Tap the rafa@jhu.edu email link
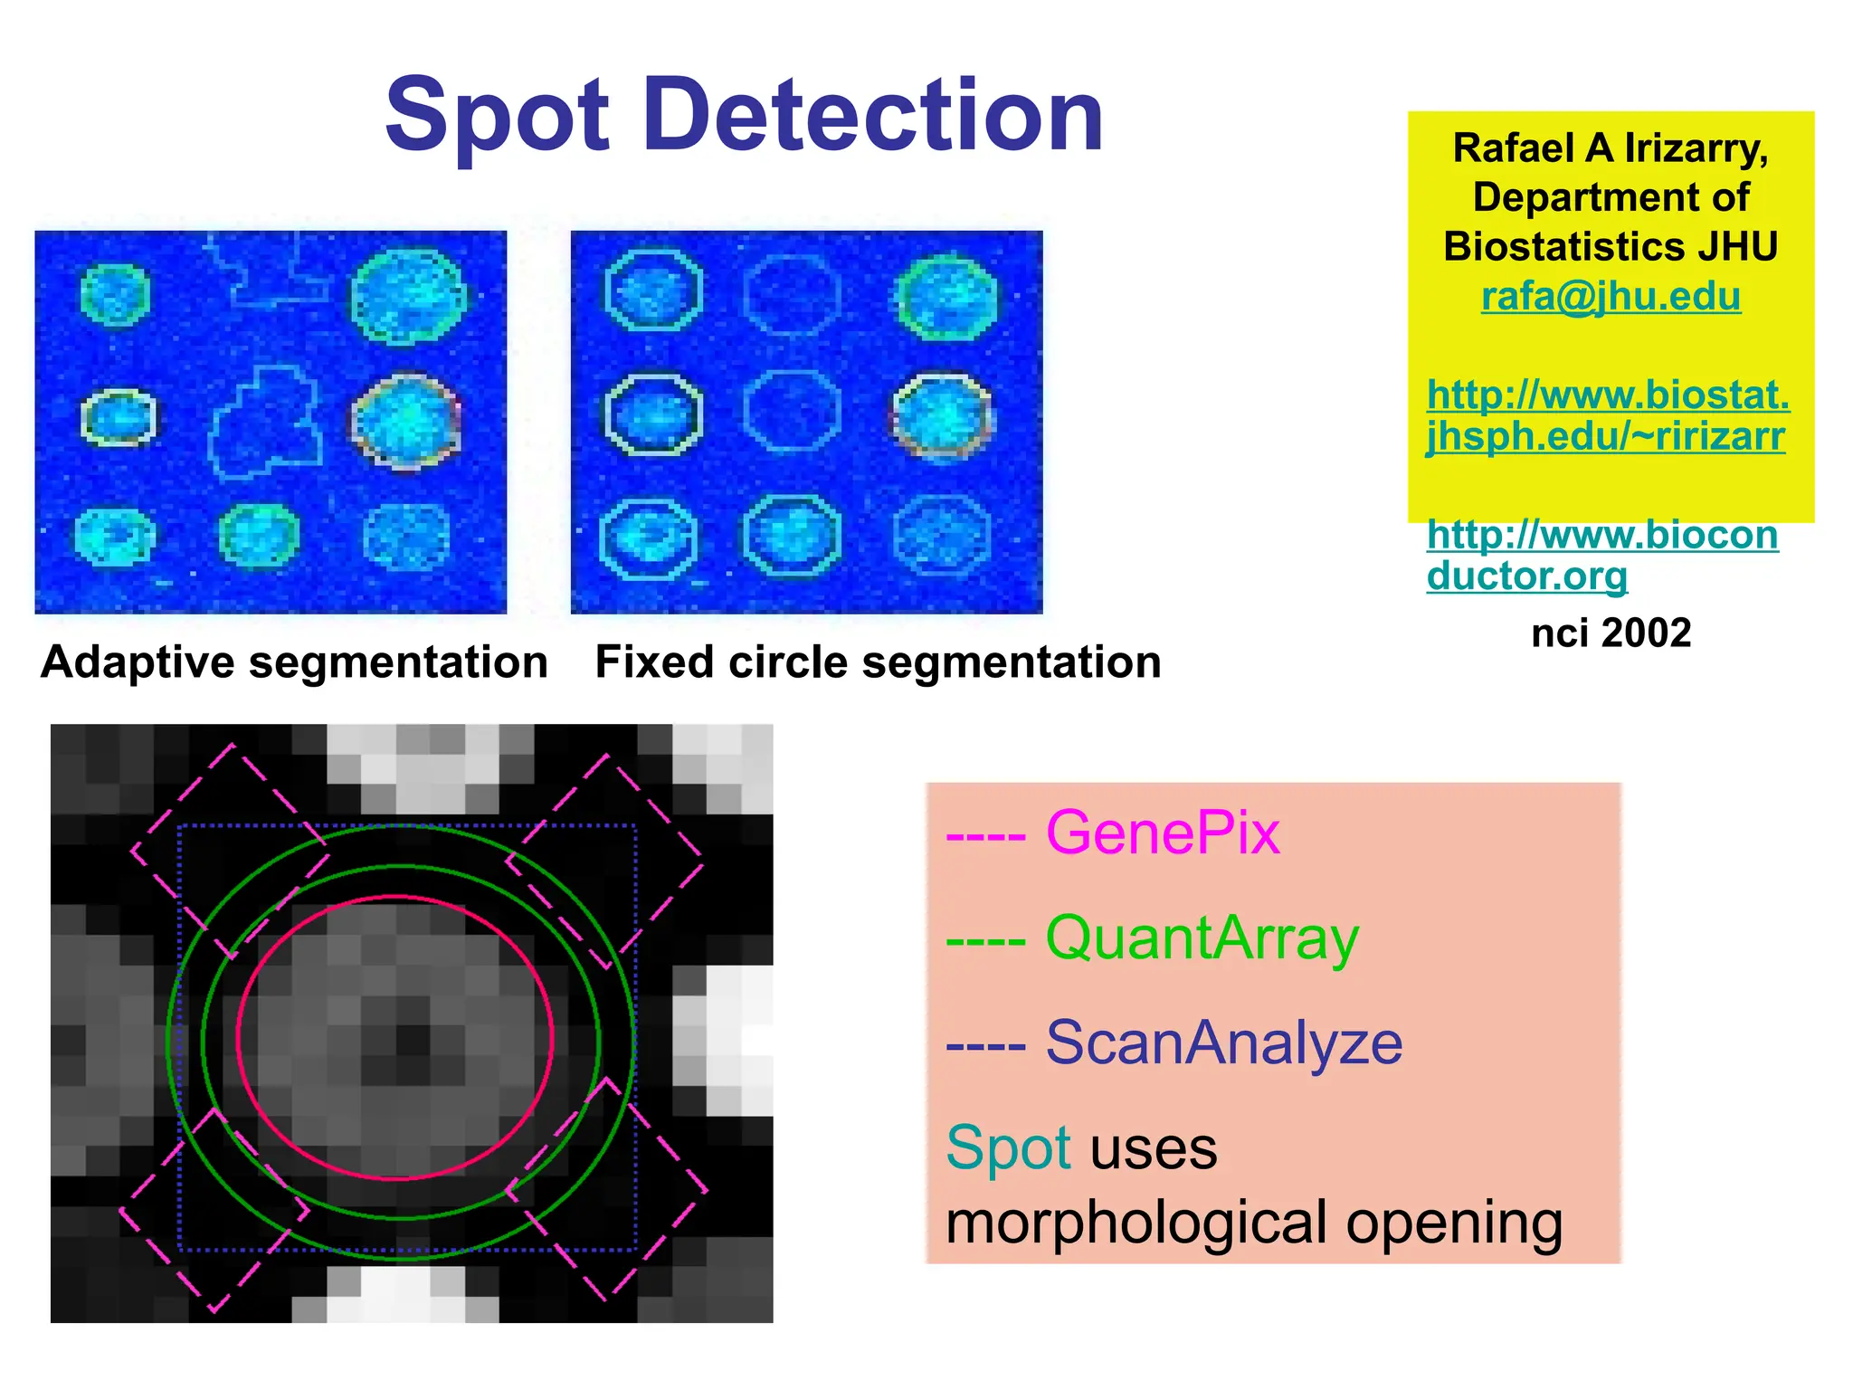1611,297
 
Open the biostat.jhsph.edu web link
1607,415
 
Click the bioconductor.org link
1601,555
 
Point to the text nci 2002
1611,633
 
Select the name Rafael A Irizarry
1611,148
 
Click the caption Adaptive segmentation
294,662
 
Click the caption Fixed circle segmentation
878,662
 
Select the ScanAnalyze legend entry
1223,1042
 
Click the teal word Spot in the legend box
1008,1147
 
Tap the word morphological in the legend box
1136,1223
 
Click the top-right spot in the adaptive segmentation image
408,296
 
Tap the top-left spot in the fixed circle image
652,291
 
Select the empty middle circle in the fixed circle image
792,412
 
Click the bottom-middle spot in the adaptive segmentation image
259,535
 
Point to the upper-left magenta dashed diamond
230,851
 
